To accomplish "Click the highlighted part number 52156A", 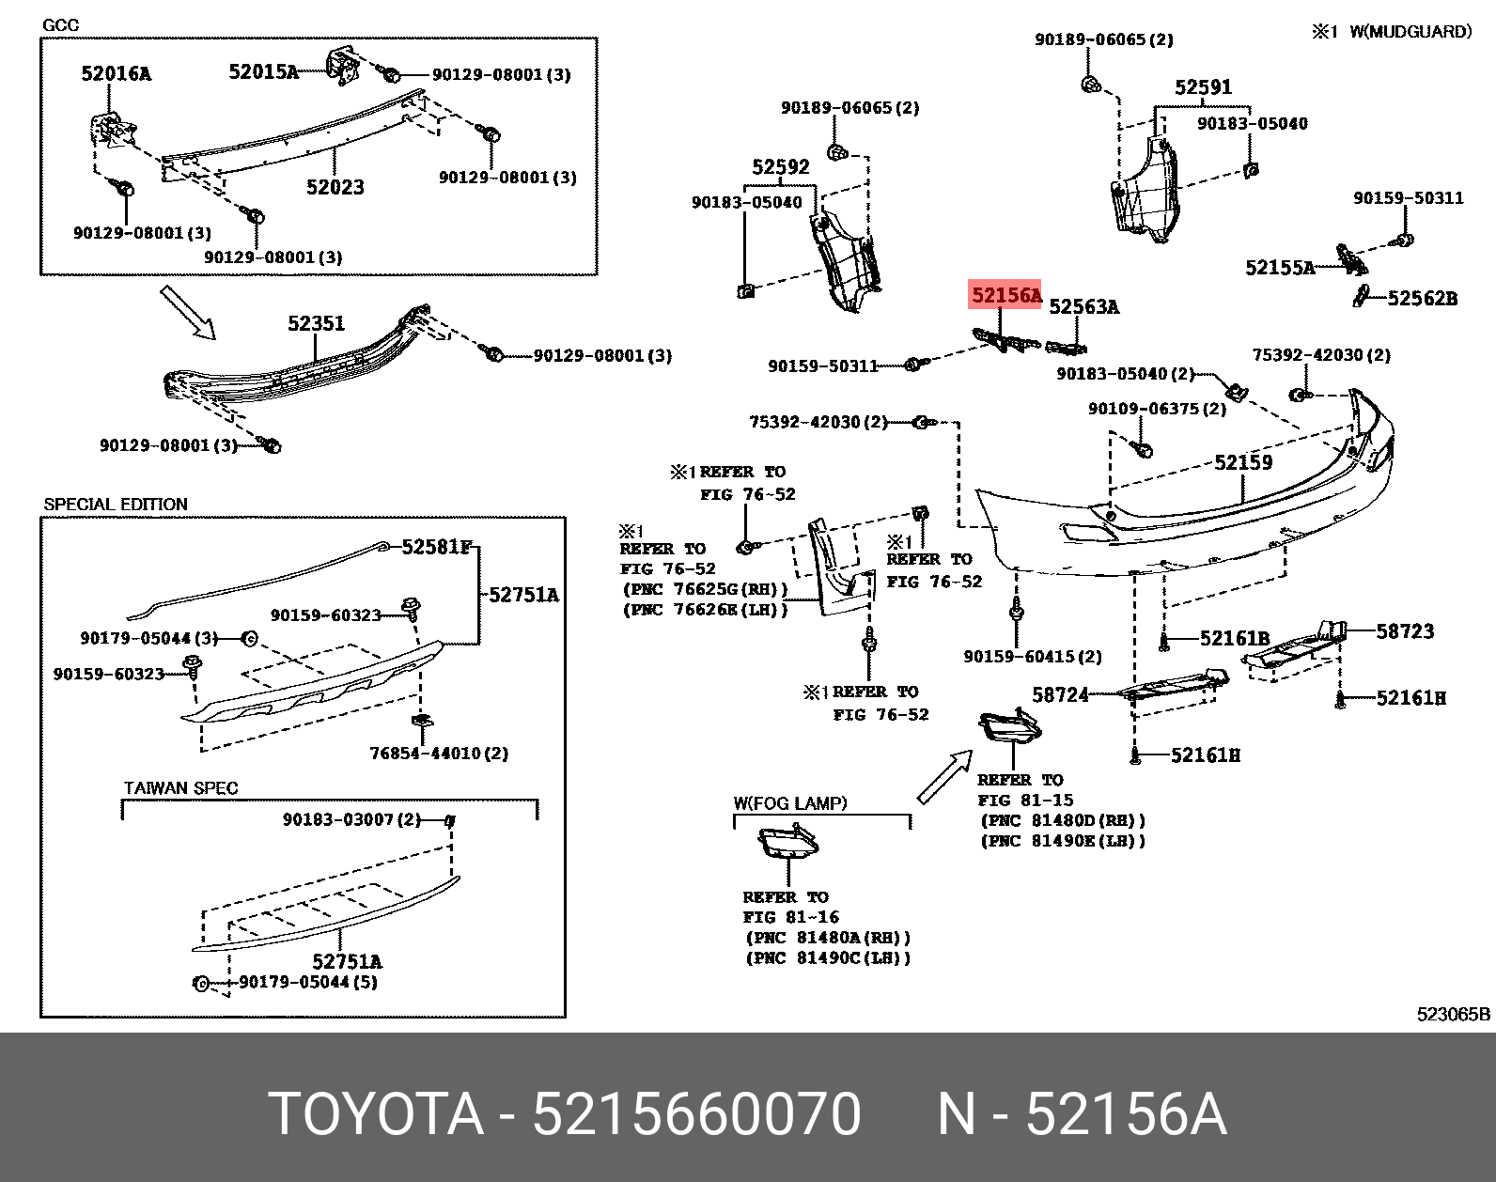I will [1005, 296].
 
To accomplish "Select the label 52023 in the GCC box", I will [335, 187].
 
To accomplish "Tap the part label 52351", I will [316, 323].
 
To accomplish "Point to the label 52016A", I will [116, 73].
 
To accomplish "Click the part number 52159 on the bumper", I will [1242, 462].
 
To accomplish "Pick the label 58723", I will [1405, 631].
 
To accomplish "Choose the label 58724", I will [1060, 694].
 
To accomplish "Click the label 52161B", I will [1234, 639].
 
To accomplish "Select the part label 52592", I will [780, 167].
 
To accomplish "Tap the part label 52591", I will [1203, 87].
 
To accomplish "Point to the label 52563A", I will [1083, 306].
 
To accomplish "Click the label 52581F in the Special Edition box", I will [435, 547].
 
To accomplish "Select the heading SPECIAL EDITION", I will [116, 505].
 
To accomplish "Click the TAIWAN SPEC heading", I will [180, 788].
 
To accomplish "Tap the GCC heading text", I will [61, 25].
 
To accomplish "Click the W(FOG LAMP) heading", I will [789, 803].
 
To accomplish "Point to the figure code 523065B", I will [1453, 1014].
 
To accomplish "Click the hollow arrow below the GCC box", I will [188, 311].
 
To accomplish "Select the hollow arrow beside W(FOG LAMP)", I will [944, 778].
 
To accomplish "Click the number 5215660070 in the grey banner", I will [696, 1114].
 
